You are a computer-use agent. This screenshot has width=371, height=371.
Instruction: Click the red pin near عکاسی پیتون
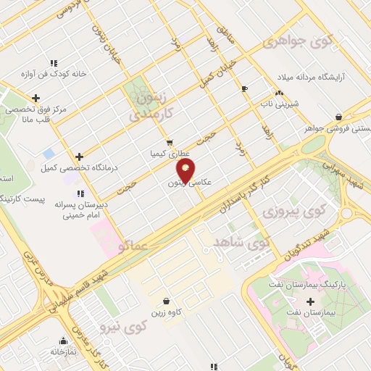(186, 172)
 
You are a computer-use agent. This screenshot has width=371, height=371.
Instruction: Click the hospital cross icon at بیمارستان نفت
(312, 301)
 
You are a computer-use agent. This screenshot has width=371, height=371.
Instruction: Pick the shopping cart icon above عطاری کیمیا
(169, 143)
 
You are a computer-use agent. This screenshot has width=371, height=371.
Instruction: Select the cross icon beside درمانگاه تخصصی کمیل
(79, 157)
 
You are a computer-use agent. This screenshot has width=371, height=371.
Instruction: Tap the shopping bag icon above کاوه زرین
(167, 301)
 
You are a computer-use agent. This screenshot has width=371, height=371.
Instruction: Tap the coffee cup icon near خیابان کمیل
(244, 88)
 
